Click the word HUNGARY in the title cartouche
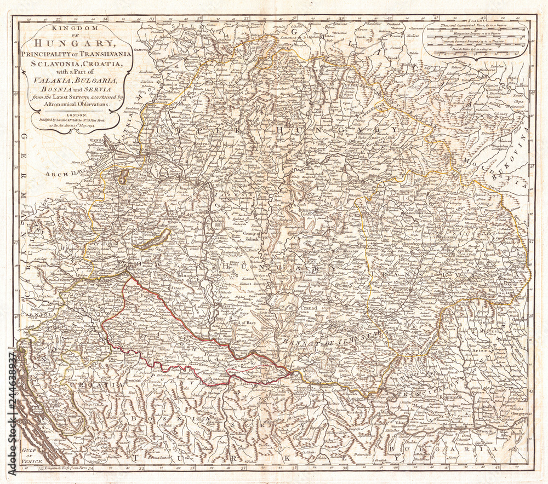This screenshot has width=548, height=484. pos(77,42)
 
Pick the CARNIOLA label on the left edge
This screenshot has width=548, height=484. pos(26,316)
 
